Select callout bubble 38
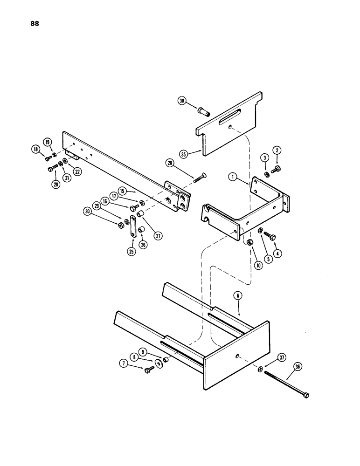182,100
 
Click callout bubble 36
297,366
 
